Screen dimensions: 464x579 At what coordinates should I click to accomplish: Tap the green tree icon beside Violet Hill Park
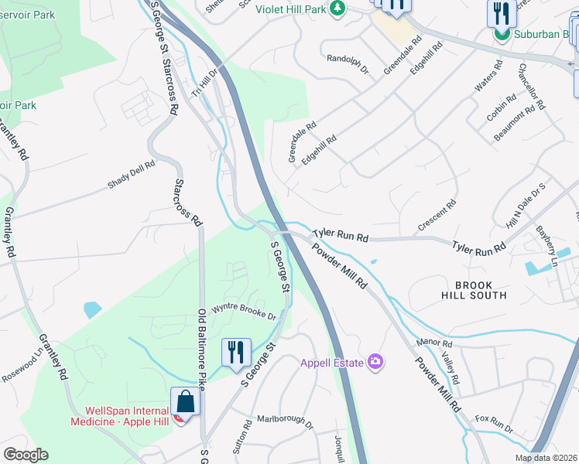point(337,7)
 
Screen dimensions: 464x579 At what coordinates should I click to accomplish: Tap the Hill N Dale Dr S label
point(526,206)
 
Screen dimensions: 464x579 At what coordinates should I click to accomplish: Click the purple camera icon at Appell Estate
point(375,362)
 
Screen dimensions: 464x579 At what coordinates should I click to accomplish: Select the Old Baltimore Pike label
point(203,348)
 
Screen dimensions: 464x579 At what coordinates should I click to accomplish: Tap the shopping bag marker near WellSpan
point(185,401)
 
